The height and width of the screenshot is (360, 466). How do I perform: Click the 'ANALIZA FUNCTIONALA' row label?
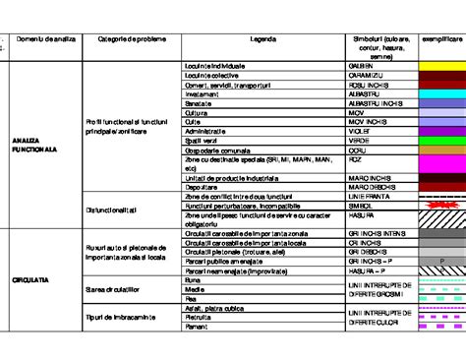point(35,146)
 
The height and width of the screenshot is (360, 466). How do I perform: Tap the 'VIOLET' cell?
point(360,130)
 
